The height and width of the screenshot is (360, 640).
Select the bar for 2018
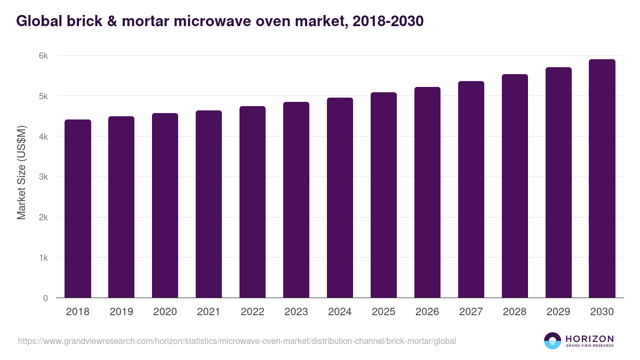point(78,209)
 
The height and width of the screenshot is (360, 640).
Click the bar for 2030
point(602,179)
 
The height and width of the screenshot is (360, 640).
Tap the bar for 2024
point(340,198)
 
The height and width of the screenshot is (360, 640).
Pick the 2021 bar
point(209,204)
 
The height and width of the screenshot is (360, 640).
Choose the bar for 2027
point(471,189)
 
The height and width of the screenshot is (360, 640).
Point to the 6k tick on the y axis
point(43,56)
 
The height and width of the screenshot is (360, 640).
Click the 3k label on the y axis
point(43,177)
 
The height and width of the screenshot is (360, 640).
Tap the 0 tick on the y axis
point(45,298)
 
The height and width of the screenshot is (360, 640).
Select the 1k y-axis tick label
point(43,258)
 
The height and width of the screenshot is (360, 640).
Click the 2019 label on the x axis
point(122,312)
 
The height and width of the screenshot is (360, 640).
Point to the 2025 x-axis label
point(383,312)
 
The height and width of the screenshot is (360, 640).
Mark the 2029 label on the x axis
point(558,312)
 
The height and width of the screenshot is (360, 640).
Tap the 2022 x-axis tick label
point(252,312)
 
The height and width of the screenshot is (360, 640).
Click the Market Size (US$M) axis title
point(21,172)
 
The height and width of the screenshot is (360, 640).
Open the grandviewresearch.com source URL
point(237,341)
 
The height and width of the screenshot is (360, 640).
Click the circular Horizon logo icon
point(553,341)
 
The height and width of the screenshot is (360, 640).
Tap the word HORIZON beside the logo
point(589,339)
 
